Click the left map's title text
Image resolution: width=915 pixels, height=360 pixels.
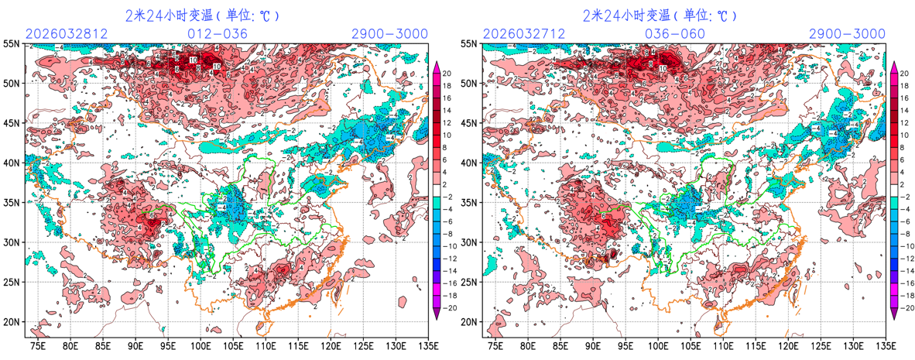click(x=202, y=15)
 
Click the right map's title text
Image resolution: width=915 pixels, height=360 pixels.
click(x=660, y=15)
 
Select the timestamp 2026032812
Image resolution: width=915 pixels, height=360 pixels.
click(x=67, y=34)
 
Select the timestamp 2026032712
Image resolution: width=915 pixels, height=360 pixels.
click(x=525, y=34)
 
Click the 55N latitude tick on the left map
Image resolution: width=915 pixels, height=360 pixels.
click(x=12, y=43)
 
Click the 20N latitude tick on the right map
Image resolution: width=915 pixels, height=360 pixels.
click(x=469, y=322)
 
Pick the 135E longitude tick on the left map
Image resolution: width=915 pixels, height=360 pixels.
click(x=428, y=345)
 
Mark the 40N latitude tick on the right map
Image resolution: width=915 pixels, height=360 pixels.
click(x=469, y=163)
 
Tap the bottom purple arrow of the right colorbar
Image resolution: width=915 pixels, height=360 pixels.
click(x=894, y=313)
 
